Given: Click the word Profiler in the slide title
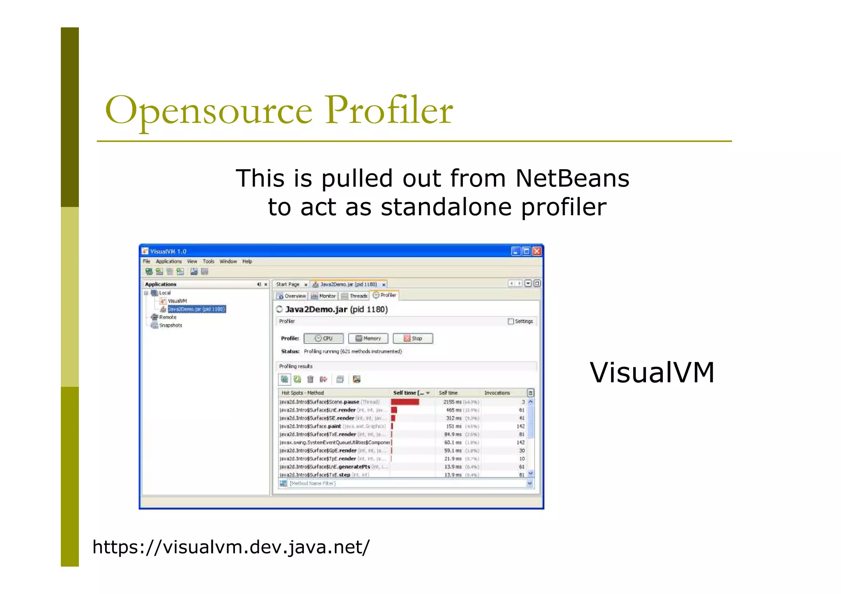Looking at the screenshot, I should click(x=389, y=110).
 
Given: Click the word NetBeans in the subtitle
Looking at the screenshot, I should click(x=572, y=179).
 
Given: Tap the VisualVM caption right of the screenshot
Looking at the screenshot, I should click(x=652, y=373).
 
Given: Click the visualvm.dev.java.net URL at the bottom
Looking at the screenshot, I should click(x=231, y=547).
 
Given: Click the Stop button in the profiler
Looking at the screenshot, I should click(x=413, y=338).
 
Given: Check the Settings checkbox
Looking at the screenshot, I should click(x=511, y=321).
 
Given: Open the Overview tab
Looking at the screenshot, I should click(x=291, y=296).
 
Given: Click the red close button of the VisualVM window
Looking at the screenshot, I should click(x=537, y=251).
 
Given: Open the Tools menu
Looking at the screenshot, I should click(x=208, y=261).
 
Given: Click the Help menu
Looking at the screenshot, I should click(x=247, y=261).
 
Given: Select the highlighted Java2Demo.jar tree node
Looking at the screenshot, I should click(x=197, y=309).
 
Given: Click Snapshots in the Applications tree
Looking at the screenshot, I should click(x=170, y=326).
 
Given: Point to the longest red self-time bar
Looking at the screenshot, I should click(x=405, y=402).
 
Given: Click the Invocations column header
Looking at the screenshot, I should click(x=497, y=393).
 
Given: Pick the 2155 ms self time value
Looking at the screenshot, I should click(x=453, y=402).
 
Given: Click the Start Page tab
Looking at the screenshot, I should click(x=287, y=284).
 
